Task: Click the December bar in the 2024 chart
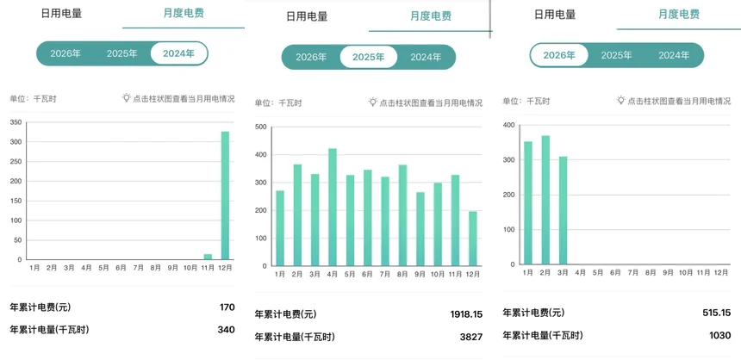(226, 196)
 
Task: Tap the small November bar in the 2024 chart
(208, 257)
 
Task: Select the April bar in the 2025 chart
(333, 207)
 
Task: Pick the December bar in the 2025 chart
(473, 238)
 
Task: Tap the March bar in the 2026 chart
(564, 210)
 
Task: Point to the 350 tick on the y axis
(16, 122)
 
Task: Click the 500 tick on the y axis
(261, 127)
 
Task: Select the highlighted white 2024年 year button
(179, 53)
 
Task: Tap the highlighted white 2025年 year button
(369, 58)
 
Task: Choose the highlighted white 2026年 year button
(559, 55)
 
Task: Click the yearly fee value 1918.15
(466, 314)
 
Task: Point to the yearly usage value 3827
(470, 337)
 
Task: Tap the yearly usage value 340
(226, 330)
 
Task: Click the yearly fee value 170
(227, 307)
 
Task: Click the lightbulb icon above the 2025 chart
(373, 102)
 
